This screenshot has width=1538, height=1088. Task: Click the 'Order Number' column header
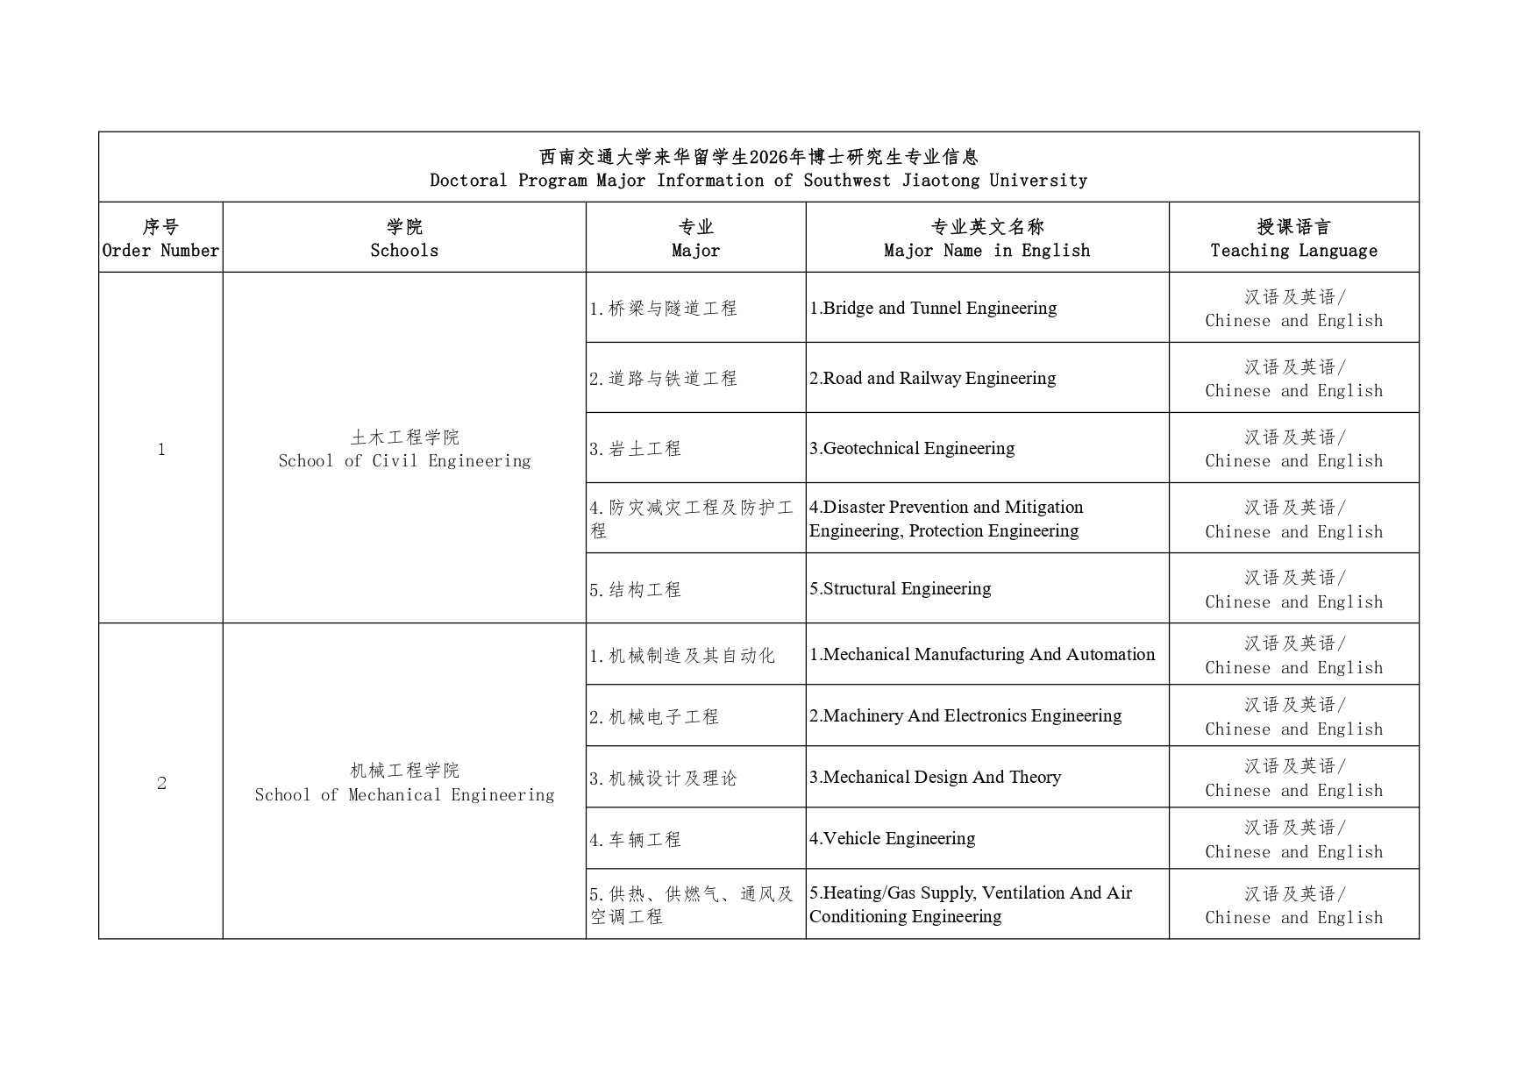[160, 251]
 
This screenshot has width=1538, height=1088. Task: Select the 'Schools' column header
[404, 251]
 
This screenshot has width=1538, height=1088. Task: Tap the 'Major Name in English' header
[986, 251]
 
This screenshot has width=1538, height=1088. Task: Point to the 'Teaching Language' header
[1293, 251]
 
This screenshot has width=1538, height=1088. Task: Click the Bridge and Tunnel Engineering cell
[933, 308]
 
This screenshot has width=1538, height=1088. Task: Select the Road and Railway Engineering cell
[932, 378]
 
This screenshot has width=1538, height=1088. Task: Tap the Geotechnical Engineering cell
[912, 448]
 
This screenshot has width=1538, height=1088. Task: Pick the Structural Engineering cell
[900, 588]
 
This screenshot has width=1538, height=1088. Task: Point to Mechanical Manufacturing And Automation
[982, 654]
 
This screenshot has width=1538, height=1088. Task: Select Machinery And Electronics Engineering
[965, 715]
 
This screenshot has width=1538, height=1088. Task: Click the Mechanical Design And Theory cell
[935, 777]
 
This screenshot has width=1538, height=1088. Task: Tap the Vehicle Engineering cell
[892, 838]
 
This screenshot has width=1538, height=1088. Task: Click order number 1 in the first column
[161, 450]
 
